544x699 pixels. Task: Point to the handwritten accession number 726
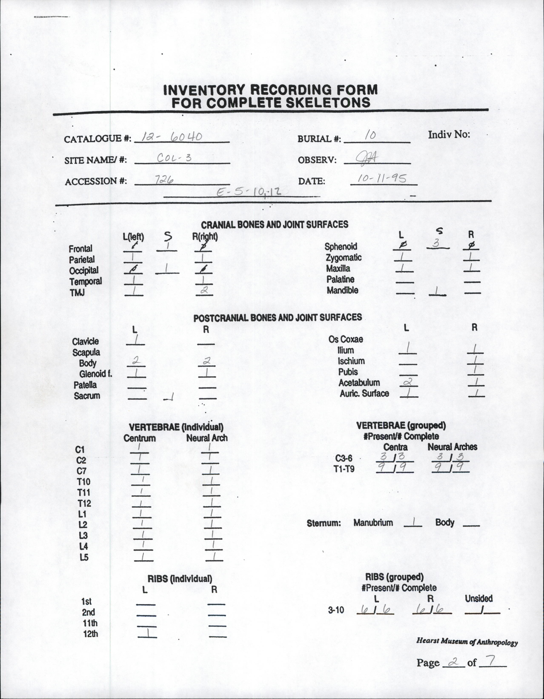pos(164,180)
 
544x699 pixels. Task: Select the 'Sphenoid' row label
pos(341,246)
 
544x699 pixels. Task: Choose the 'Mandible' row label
pos(342,290)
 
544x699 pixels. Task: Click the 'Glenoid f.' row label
pos(96,374)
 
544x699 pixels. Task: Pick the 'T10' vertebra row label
pos(84,482)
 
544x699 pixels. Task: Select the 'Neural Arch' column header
pos(207,438)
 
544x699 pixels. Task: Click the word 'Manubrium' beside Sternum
pos(373,523)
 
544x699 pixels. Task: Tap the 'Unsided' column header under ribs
pos(479,598)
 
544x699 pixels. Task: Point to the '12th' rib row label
pos(90,634)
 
